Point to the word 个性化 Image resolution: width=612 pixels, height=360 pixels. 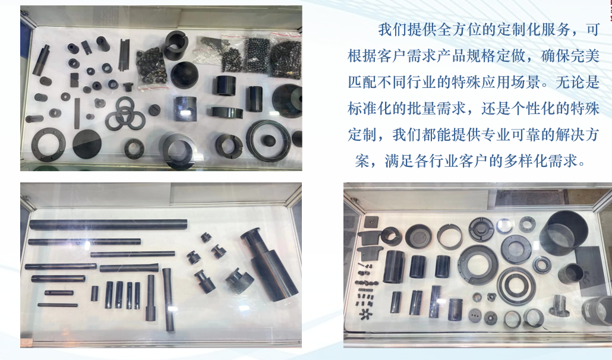tap(534, 109)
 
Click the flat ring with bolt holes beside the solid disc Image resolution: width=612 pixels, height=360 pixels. tap(48, 144)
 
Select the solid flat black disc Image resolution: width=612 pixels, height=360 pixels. tap(87, 144)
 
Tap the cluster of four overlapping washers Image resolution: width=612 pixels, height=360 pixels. tap(124, 114)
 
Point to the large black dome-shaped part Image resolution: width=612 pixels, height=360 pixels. tap(184, 74)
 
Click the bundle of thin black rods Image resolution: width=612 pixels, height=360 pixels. tap(124, 55)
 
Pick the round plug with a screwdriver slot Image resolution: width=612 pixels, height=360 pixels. tap(154, 109)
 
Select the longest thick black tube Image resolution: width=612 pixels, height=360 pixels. tap(108, 225)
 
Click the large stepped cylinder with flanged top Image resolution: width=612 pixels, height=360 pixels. tap(269, 264)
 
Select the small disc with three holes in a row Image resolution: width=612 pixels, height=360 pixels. tap(475, 315)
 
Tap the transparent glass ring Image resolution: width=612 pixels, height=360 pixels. tap(504, 226)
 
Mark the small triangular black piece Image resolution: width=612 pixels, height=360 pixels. tap(491, 297)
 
